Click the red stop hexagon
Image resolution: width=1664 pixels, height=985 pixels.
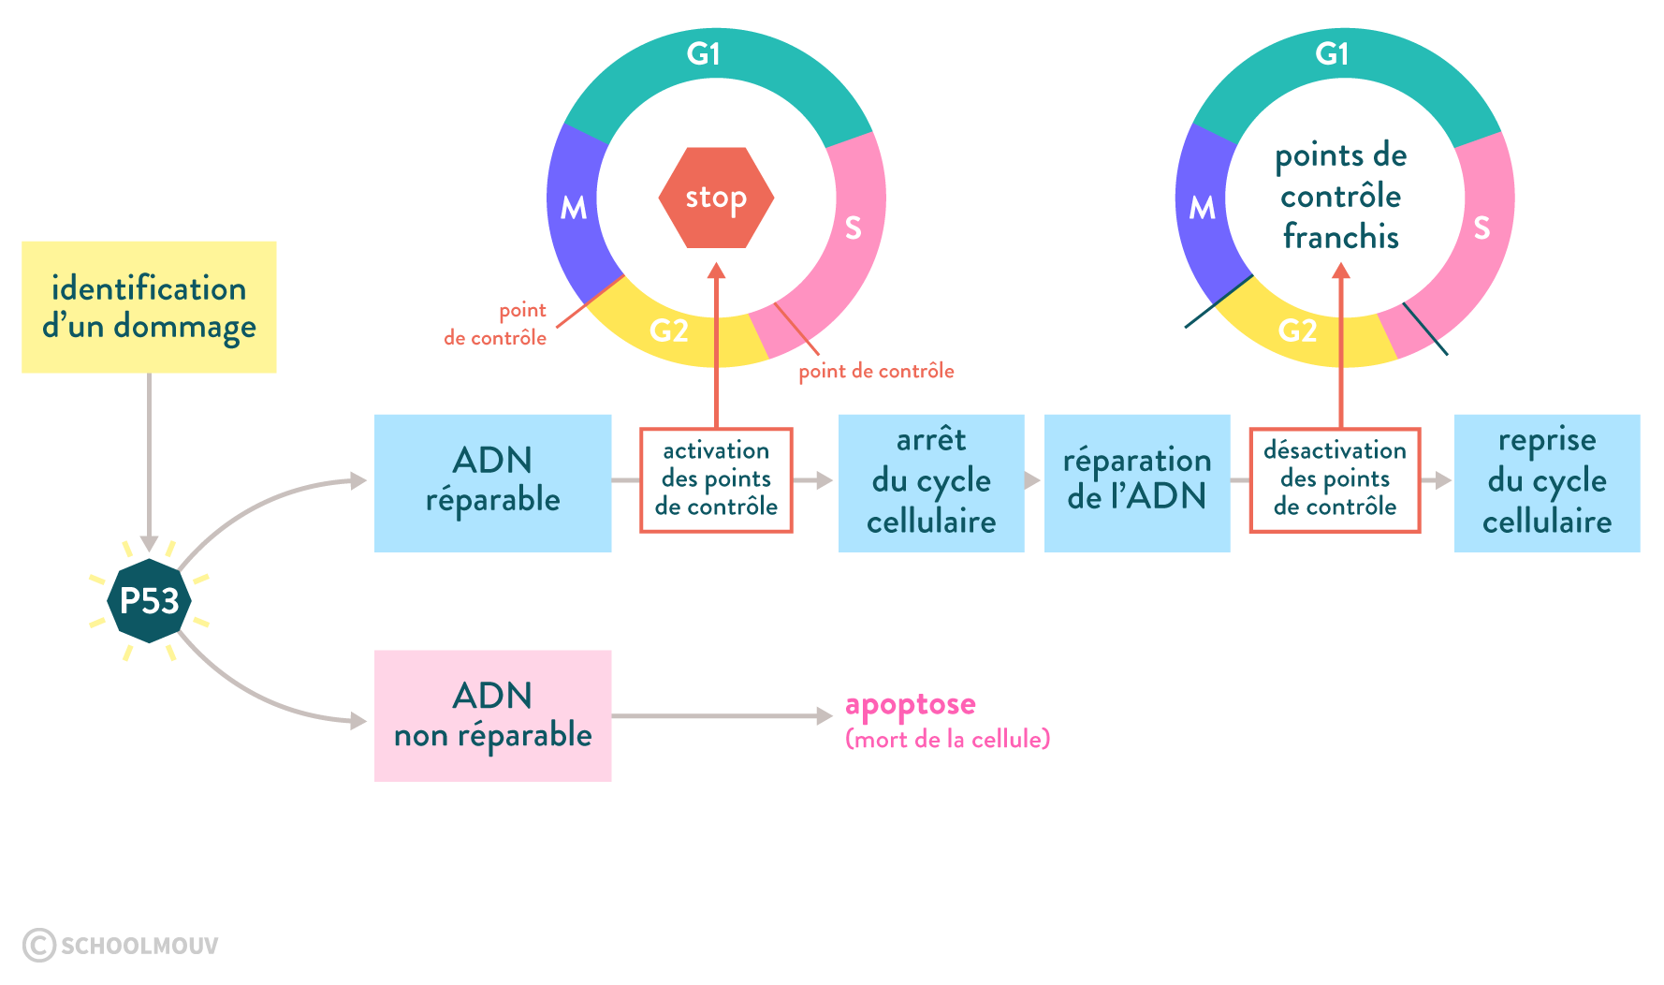click(x=716, y=198)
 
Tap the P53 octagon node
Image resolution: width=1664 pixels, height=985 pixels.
click(x=149, y=601)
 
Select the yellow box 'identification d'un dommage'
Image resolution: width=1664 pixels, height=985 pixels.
click(x=149, y=307)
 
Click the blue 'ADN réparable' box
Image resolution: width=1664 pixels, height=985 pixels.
click(x=492, y=482)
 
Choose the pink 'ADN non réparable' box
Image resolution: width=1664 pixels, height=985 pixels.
click(x=492, y=715)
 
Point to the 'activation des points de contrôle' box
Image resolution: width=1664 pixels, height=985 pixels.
click(x=716, y=480)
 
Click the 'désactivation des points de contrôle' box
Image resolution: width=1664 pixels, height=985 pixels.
click(x=1335, y=480)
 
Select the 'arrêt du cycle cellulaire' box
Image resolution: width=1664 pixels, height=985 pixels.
click(x=931, y=482)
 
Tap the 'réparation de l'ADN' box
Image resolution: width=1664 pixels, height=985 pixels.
click(x=1137, y=482)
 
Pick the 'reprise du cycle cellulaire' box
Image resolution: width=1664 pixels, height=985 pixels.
click(x=1547, y=482)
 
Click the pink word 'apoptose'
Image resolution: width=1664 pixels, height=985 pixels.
click(x=910, y=704)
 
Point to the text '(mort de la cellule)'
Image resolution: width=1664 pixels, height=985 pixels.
click(x=947, y=740)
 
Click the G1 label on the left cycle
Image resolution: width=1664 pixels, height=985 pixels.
click(x=703, y=54)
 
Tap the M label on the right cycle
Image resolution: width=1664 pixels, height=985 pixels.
click(x=1202, y=208)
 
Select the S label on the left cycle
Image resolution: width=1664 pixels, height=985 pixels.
click(x=853, y=228)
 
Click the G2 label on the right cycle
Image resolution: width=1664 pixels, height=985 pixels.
click(x=1297, y=331)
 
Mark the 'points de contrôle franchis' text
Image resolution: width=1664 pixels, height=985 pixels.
click(x=1341, y=197)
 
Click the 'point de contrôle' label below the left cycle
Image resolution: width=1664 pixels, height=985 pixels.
click(x=876, y=372)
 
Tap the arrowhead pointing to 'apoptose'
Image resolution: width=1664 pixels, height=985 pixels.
click(x=825, y=716)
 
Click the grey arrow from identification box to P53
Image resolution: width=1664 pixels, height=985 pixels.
click(x=149, y=459)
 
